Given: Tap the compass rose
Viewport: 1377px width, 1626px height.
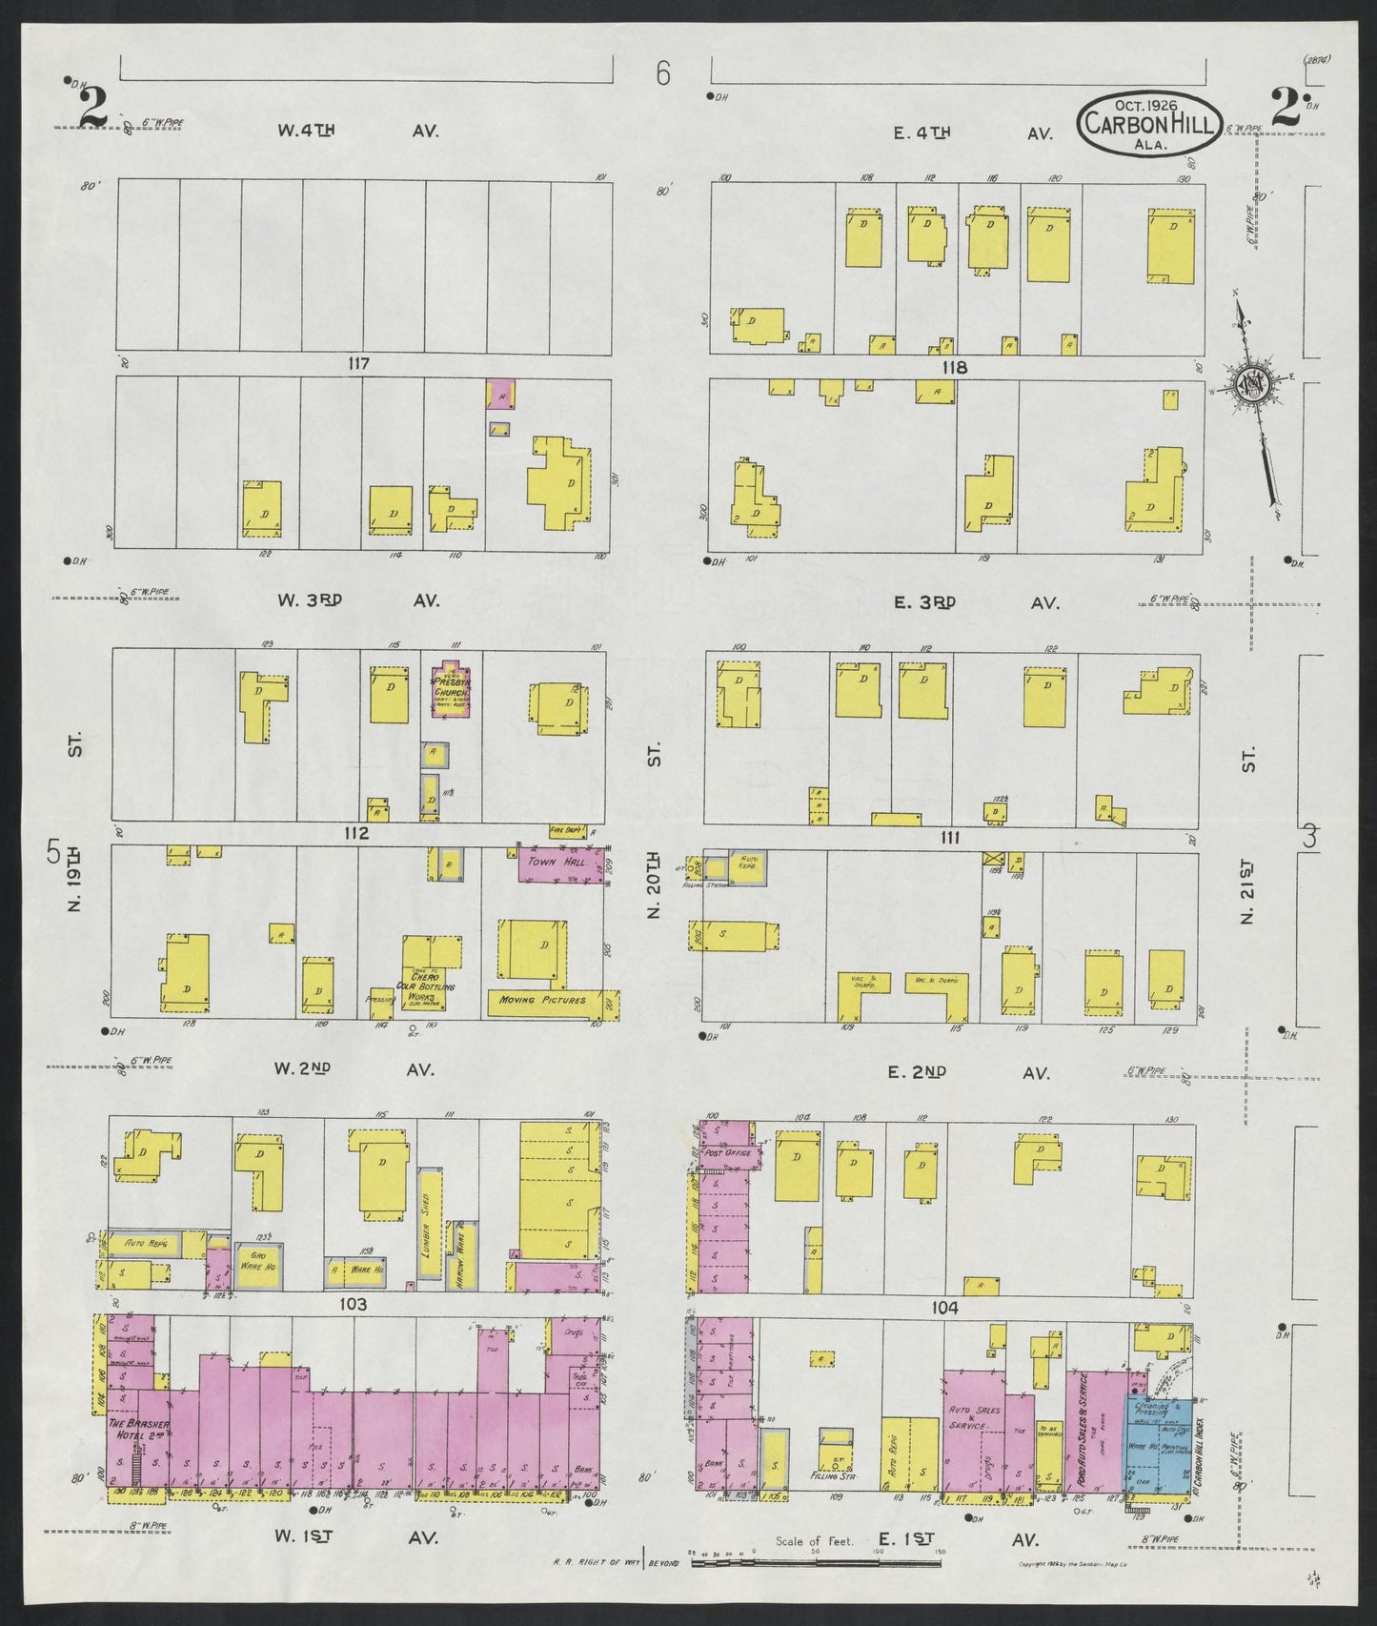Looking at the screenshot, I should (1250, 384).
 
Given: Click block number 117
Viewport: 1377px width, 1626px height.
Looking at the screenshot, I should (358, 364).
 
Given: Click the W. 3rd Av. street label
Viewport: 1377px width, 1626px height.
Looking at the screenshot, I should (358, 600).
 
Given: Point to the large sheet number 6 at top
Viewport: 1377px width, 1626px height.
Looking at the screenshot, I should (663, 73).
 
